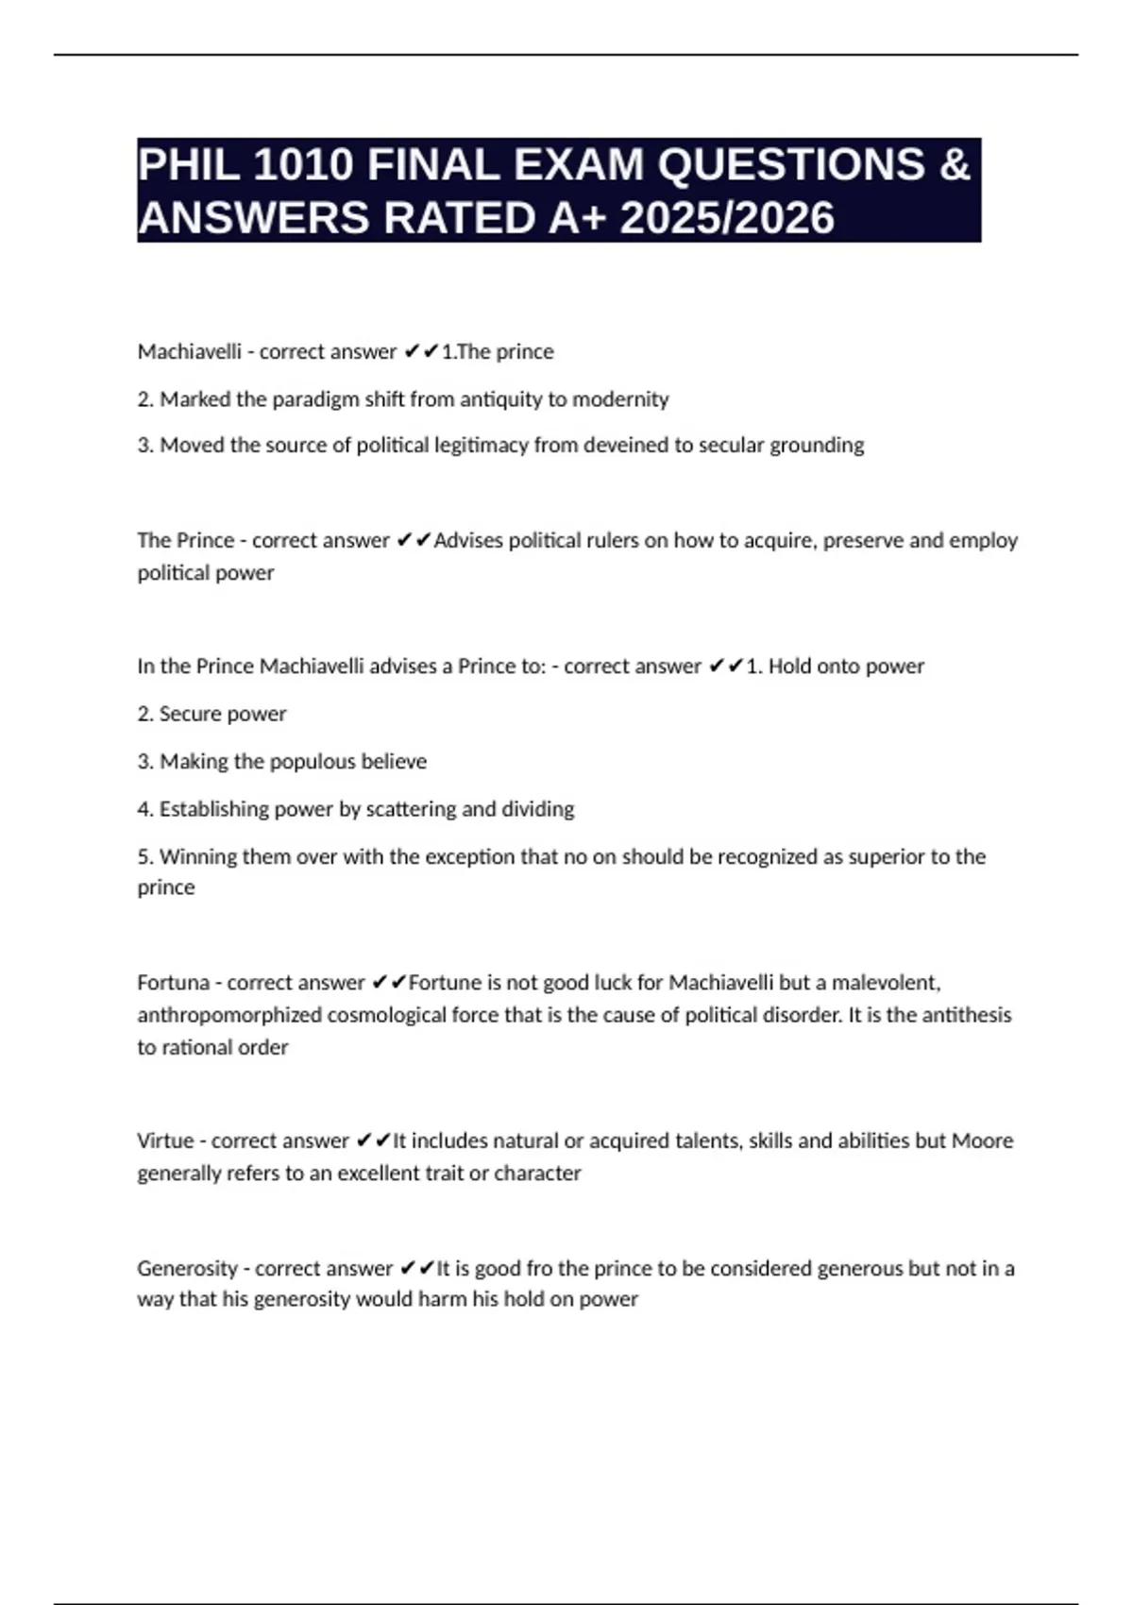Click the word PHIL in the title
point(189,165)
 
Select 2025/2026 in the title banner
point(727,218)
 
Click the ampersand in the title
point(955,165)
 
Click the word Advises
point(468,541)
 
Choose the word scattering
point(411,809)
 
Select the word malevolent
point(886,983)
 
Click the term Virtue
point(165,1141)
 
